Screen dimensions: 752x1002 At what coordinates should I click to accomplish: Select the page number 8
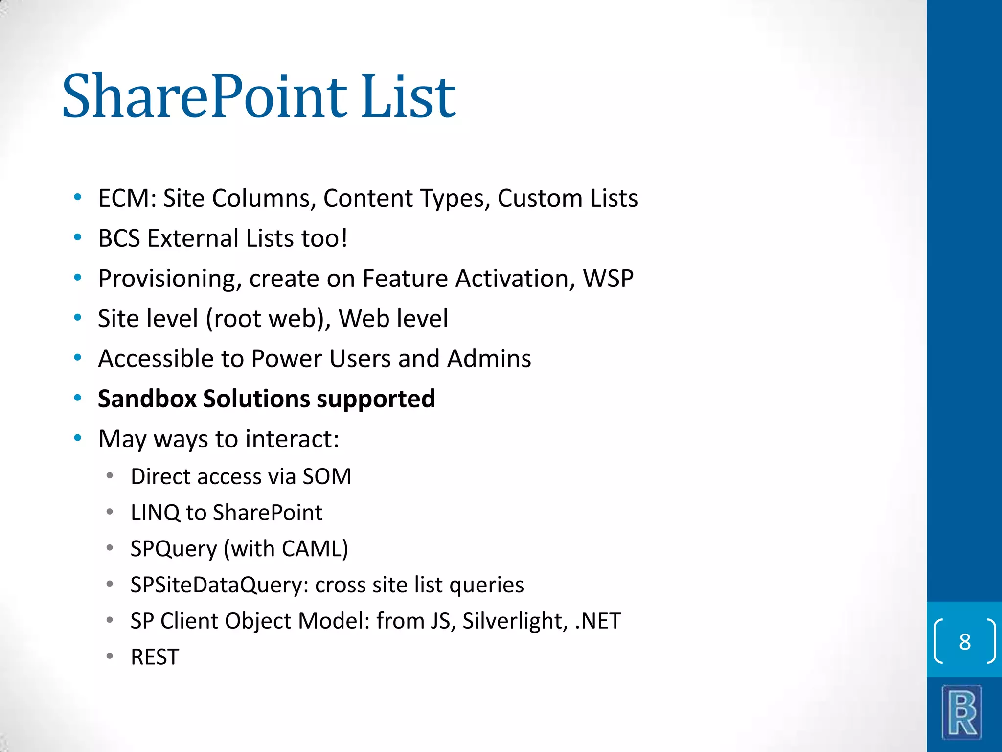point(964,641)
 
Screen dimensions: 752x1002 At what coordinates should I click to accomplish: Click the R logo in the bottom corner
point(962,712)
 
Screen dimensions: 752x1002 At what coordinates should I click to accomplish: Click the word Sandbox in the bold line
point(147,399)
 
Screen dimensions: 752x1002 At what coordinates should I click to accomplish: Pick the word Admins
point(489,358)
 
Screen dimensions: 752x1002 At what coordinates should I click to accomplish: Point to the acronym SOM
point(327,476)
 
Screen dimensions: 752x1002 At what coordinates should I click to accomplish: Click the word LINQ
point(155,513)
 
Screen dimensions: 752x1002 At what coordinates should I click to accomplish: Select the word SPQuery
point(173,549)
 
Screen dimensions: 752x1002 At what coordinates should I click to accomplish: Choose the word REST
point(155,657)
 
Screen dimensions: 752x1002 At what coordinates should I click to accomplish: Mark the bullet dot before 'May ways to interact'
point(77,438)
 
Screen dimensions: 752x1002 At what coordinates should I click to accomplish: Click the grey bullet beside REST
point(110,656)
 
